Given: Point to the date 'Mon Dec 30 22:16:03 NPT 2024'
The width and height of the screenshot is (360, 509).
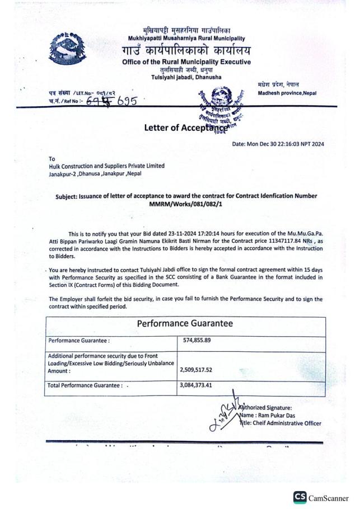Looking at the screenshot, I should coord(288,144).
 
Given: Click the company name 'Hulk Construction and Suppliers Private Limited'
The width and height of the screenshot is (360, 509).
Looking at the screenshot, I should coord(107,166).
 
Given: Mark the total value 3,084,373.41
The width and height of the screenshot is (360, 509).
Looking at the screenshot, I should coord(203,385).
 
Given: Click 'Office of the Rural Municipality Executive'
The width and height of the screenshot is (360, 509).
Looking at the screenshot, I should coord(186,62).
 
